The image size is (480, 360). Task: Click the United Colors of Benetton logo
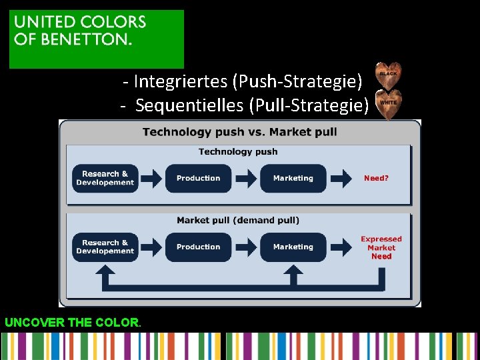96,39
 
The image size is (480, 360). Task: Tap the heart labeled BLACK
388,75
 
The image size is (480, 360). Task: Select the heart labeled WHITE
388,103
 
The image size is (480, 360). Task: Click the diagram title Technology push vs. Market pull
239,131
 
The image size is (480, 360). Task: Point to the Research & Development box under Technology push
105,178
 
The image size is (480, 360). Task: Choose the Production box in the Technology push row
198,178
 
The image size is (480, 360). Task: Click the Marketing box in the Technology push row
293,178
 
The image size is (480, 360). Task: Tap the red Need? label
376,178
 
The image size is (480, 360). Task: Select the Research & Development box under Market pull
105,247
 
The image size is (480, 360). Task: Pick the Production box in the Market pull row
198,247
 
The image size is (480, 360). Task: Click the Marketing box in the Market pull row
293,247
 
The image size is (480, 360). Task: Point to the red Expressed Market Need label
381,247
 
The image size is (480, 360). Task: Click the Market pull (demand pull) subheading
238,220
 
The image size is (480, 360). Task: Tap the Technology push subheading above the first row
238,151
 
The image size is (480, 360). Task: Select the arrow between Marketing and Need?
341,178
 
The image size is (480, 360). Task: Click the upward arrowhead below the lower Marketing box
293,270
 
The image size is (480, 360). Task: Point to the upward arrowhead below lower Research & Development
105,270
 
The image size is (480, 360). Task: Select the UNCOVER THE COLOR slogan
72,323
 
